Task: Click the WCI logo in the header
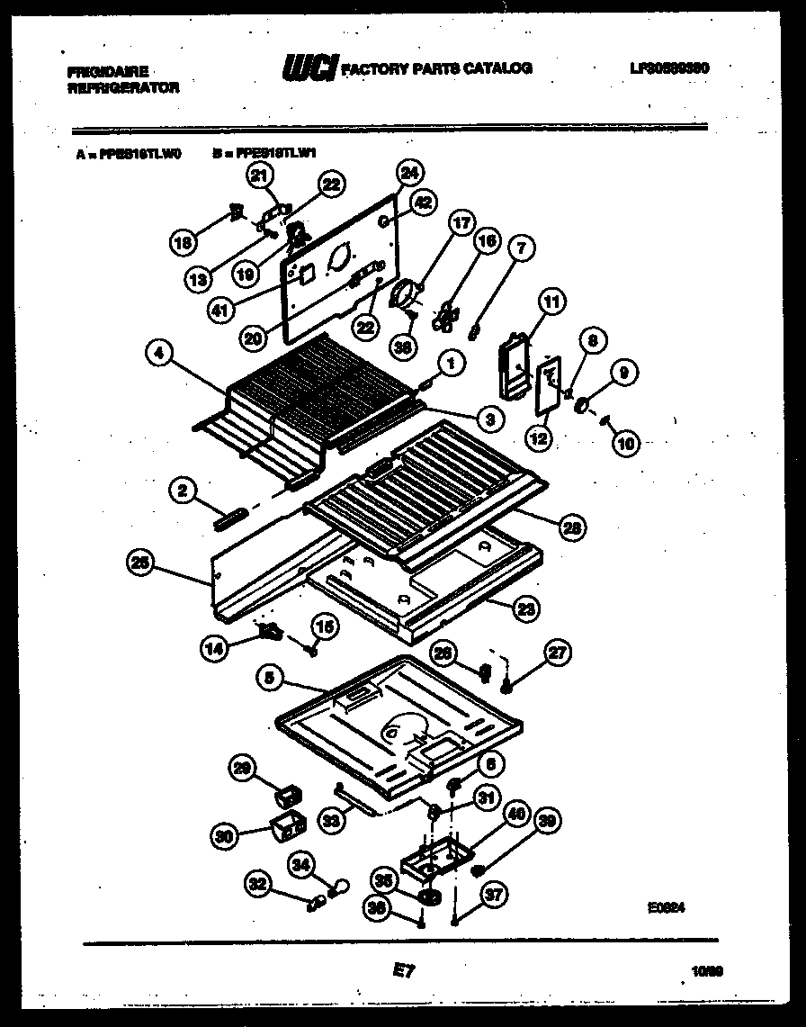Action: pos(309,68)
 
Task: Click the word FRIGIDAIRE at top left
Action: pos(108,71)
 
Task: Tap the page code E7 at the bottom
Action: pos(402,970)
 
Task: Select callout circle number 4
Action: pos(159,356)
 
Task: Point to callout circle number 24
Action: pos(409,172)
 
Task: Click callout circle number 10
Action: pos(625,441)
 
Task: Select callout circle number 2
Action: pos(183,490)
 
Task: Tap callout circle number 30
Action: pos(228,835)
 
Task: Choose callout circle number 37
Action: pos(495,895)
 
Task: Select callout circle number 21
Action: pos(262,177)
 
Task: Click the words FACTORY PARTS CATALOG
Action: pos(436,68)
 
